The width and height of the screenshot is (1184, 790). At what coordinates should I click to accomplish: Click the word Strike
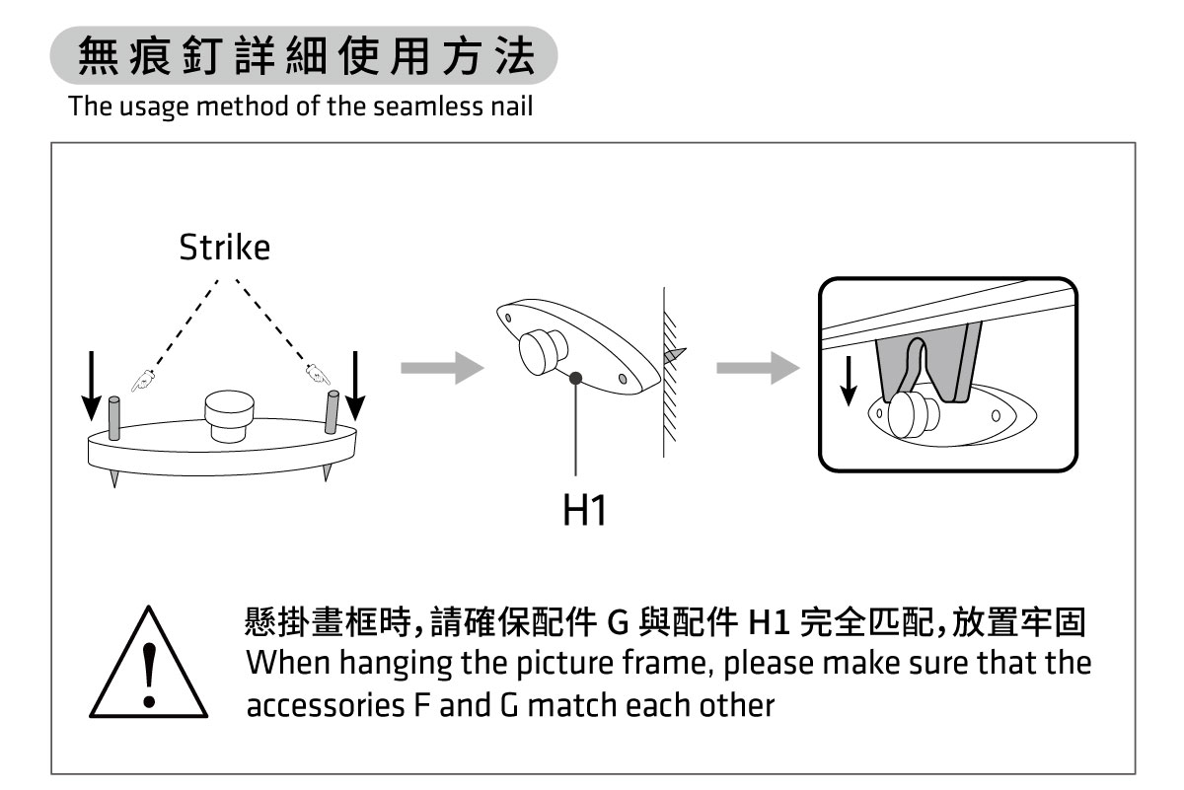tap(224, 249)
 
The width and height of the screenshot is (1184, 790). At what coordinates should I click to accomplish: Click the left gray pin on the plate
tap(114, 418)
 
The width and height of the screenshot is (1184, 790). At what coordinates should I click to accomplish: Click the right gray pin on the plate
tap(333, 412)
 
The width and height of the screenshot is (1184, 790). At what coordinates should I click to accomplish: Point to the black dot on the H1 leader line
tap(574, 377)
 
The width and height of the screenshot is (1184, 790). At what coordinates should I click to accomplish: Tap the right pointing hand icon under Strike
tap(317, 374)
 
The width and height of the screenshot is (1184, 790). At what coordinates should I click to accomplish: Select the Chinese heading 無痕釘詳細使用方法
tap(305, 57)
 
